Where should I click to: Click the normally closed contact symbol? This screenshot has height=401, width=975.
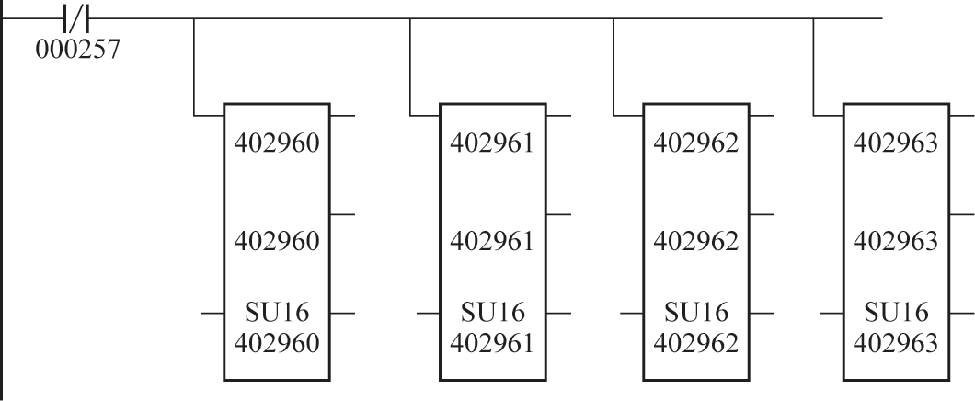click(78, 17)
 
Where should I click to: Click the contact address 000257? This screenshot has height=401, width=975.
click(78, 46)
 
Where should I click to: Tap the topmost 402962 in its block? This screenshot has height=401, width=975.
click(695, 145)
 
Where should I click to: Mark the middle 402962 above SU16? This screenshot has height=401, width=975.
click(695, 243)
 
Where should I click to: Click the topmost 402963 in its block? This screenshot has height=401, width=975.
click(897, 145)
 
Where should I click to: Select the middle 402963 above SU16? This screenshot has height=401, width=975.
click(897, 243)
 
